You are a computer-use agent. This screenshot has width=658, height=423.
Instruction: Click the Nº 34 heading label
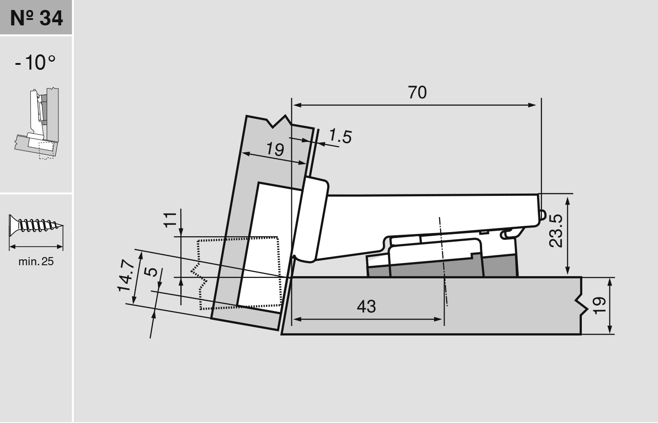(x=36, y=18)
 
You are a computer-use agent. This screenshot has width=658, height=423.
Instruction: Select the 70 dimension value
(x=417, y=92)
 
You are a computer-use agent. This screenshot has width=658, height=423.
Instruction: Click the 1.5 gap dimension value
(x=340, y=136)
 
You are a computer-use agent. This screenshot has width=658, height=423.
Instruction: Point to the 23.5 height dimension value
(x=556, y=231)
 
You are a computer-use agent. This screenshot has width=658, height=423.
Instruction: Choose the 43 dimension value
(x=366, y=306)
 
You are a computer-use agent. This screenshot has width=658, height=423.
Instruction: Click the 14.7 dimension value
(x=126, y=277)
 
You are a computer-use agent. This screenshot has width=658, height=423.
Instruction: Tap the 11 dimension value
(x=170, y=219)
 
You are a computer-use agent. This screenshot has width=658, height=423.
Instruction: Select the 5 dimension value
(x=152, y=272)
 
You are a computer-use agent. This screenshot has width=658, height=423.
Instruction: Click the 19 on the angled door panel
(x=275, y=149)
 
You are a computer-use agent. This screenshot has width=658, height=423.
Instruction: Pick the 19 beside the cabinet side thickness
(x=599, y=306)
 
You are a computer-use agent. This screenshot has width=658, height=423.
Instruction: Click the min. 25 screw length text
(x=36, y=261)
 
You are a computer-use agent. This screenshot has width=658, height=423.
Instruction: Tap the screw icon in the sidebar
(x=36, y=225)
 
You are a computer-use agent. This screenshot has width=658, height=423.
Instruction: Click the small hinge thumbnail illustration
(x=36, y=123)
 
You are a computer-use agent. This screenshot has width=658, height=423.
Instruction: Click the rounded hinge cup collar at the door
(x=311, y=219)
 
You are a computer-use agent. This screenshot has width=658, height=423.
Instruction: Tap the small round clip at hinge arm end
(x=542, y=215)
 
